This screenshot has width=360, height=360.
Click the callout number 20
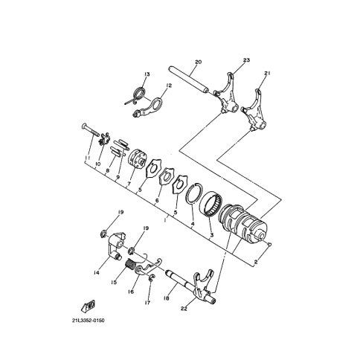coord(199,62)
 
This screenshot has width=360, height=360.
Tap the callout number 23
coord(246,60)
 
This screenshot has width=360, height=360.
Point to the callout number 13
coord(147,74)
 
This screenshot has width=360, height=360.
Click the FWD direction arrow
coord(89,306)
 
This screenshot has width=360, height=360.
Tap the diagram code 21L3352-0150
coord(89,321)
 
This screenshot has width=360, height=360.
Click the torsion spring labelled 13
coord(136,97)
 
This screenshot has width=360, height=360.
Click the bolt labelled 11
coord(90,130)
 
